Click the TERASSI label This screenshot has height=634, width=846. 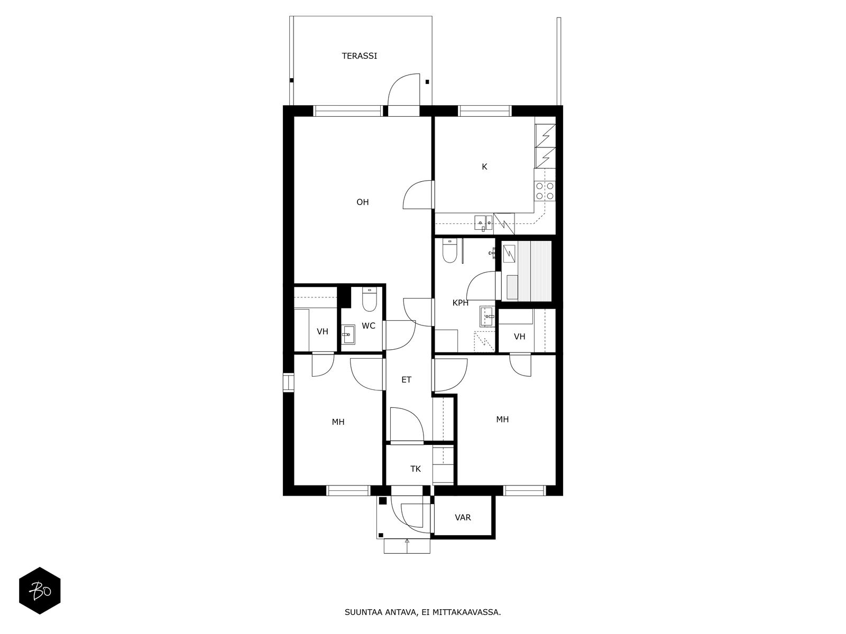(359, 55)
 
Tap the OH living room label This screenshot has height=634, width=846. (362, 202)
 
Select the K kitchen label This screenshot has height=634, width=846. (484, 166)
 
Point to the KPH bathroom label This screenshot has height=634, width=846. (460, 303)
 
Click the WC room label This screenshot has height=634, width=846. (369, 325)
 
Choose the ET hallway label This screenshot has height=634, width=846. (406, 379)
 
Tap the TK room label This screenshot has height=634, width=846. (416, 469)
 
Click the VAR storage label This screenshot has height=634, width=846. (463, 517)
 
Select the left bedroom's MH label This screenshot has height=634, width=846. (338, 422)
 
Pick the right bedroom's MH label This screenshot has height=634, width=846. (502, 419)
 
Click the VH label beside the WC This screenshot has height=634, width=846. (322, 331)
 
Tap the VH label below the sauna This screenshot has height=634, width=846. (519, 336)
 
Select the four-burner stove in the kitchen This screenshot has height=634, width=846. (545, 191)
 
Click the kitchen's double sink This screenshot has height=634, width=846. (484, 222)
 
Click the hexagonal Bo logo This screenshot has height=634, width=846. (40, 591)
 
